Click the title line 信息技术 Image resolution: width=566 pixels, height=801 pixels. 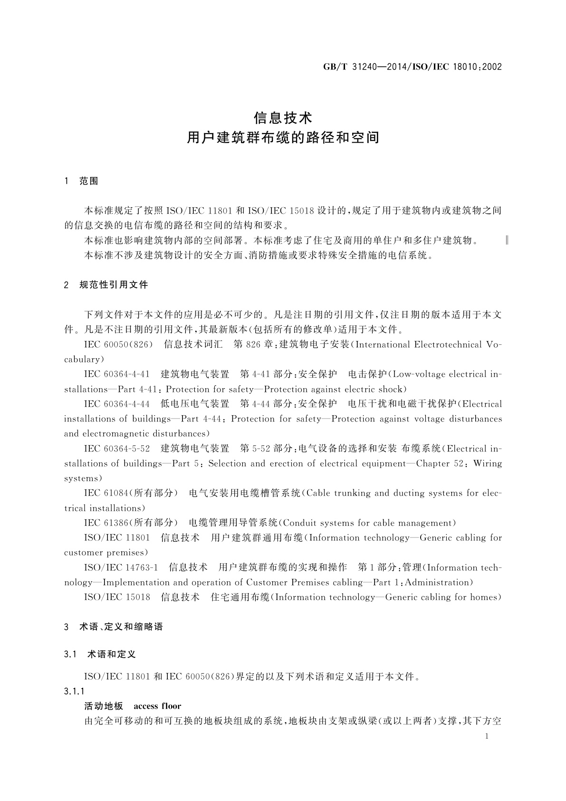(283, 117)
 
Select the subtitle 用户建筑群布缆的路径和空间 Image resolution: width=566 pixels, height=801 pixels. (283, 138)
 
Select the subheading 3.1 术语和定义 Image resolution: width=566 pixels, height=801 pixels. (100, 654)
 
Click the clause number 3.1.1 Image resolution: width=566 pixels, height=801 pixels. (74, 691)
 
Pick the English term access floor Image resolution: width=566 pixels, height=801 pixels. (157, 706)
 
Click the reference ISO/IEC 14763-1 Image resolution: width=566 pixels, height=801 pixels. (121, 567)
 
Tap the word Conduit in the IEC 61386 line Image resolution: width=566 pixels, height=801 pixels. (299, 523)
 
